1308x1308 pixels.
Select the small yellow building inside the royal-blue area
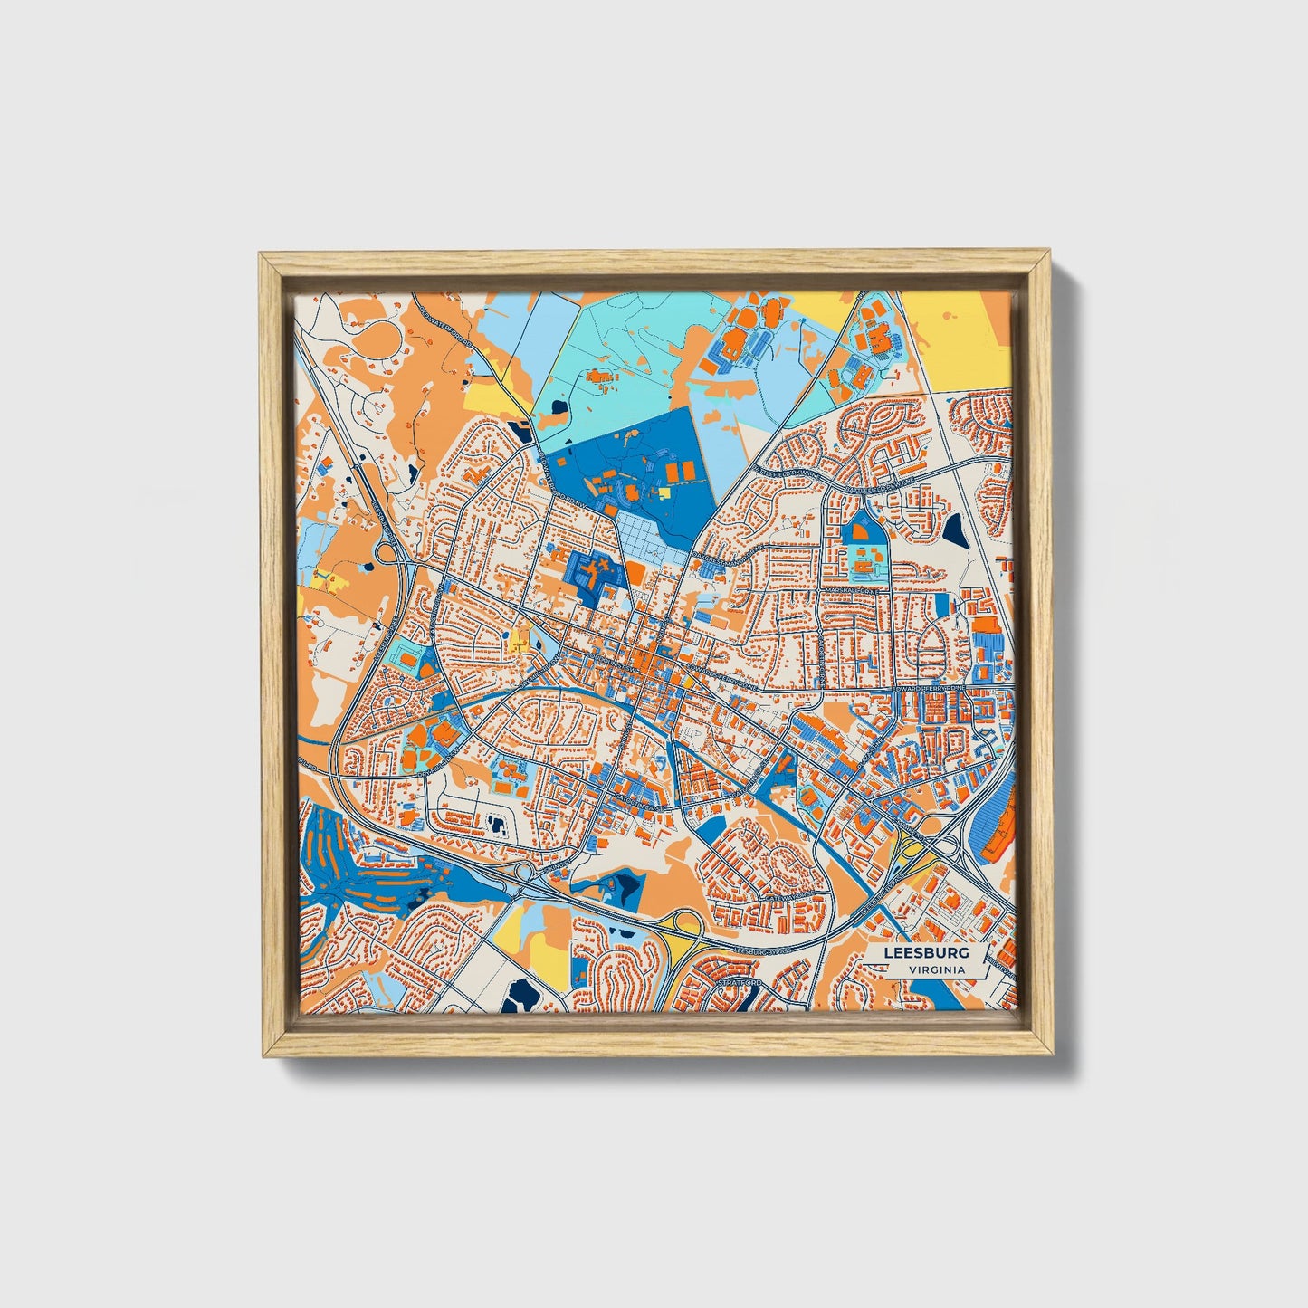pyautogui.click(x=664, y=492)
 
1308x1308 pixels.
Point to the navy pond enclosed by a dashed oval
pyautogui.click(x=497, y=824)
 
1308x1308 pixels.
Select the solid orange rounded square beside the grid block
pyautogui.click(x=635, y=573)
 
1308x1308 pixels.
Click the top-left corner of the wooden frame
pyautogui.click(x=261, y=254)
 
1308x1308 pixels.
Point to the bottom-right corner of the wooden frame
pyautogui.click(x=1053, y=1055)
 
